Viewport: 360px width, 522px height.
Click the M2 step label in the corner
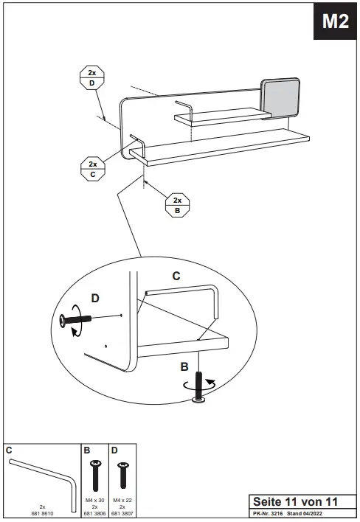(x=334, y=23)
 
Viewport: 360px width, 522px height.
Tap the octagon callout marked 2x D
(x=91, y=79)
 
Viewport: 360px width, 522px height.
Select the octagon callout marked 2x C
(x=92, y=169)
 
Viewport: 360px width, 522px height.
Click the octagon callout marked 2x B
(x=177, y=205)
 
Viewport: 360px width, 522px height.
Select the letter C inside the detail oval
(x=176, y=276)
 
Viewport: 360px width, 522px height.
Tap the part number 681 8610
(x=43, y=512)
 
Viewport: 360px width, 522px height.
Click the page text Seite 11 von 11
(x=295, y=501)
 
